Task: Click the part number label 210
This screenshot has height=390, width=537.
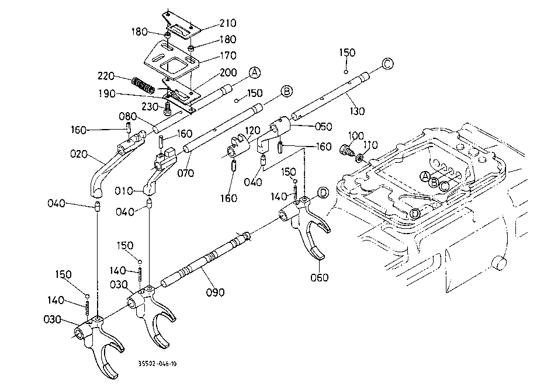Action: tap(212, 23)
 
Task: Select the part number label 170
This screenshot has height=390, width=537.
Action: tap(212, 56)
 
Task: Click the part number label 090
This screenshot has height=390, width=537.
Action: tap(215, 292)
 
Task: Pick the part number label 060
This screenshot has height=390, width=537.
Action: tap(320, 277)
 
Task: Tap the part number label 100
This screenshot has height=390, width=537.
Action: tap(356, 135)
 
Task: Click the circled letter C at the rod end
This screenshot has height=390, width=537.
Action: tap(388, 63)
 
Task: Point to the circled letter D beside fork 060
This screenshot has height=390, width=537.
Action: tap(323, 193)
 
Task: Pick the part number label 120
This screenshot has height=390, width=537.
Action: tap(252, 130)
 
